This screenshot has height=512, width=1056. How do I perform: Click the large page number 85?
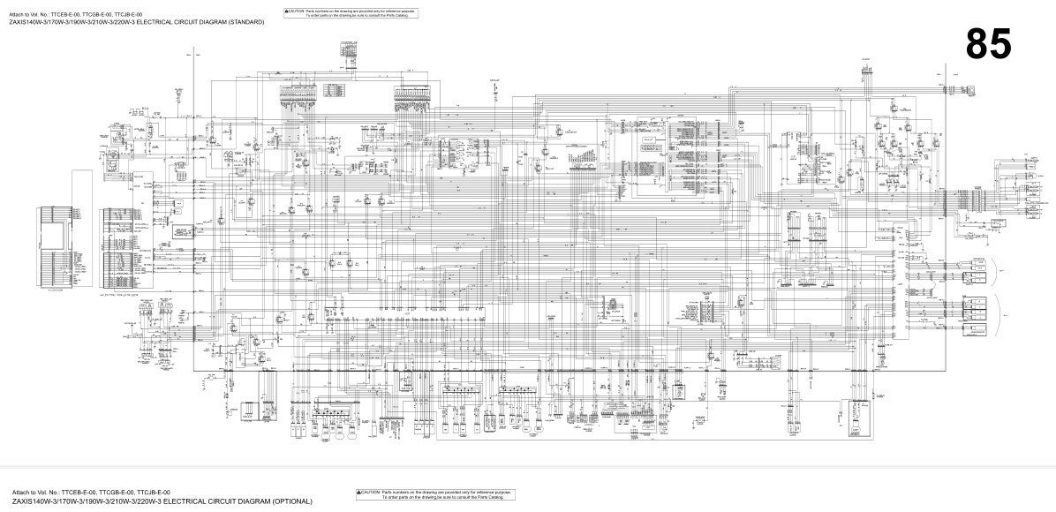(988, 43)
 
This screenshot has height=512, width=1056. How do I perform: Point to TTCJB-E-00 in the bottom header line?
(153, 493)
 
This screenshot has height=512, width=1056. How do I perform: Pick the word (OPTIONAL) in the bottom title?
(292, 501)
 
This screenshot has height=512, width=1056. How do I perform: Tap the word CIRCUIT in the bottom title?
(193, 501)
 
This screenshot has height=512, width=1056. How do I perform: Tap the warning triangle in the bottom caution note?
(359, 492)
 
